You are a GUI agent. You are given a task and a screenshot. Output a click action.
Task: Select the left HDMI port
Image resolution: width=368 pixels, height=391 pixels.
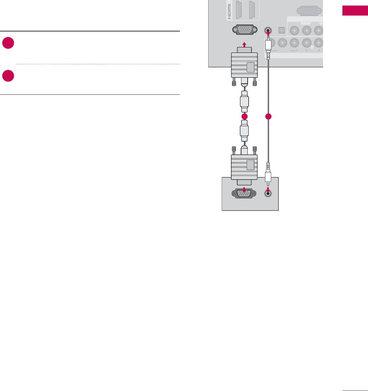click(239, 10)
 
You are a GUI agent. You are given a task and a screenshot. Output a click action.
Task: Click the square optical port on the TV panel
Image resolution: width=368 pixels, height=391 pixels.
click(282, 30)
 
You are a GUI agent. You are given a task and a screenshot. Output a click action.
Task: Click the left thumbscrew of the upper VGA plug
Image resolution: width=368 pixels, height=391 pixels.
click(234, 83)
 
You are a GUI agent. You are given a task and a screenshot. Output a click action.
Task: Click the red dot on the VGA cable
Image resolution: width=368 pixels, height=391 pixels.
click(245, 117)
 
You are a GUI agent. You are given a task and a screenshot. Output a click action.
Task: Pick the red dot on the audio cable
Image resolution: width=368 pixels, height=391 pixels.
click(268, 117)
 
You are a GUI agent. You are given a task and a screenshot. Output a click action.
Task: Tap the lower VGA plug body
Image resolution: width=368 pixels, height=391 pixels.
click(244, 167)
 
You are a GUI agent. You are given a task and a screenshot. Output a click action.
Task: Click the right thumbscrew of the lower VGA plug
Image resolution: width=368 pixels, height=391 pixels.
click(255, 150)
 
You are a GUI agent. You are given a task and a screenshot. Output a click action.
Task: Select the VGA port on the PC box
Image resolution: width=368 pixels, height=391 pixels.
click(245, 193)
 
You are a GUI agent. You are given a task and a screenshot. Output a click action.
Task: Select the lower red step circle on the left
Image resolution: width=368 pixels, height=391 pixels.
click(8, 76)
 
